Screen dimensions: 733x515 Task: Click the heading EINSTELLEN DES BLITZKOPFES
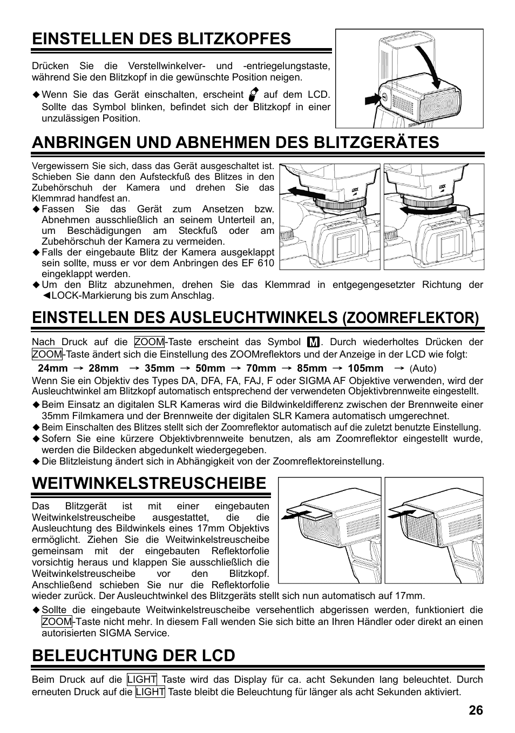[x=161, y=38]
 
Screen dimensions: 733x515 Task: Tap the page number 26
[x=476, y=710]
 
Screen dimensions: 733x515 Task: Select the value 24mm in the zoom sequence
[x=52, y=368]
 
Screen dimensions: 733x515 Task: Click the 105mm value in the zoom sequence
[x=365, y=368]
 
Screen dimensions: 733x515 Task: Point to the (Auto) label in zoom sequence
[x=423, y=368]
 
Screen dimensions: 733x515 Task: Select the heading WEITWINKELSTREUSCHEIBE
[x=149, y=483]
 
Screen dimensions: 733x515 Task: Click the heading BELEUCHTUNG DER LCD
[x=133, y=655]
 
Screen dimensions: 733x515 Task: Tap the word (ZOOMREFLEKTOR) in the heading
[x=411, y=318]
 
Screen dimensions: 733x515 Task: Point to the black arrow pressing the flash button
[x=372, y=99]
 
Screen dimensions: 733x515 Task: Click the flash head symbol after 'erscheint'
[x=253, y=95]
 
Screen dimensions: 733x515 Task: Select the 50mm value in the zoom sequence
[x=210, y=368]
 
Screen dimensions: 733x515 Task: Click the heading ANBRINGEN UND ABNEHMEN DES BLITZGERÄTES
[x=235, y=142]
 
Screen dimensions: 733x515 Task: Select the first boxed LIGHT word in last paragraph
[x=142, y=680]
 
